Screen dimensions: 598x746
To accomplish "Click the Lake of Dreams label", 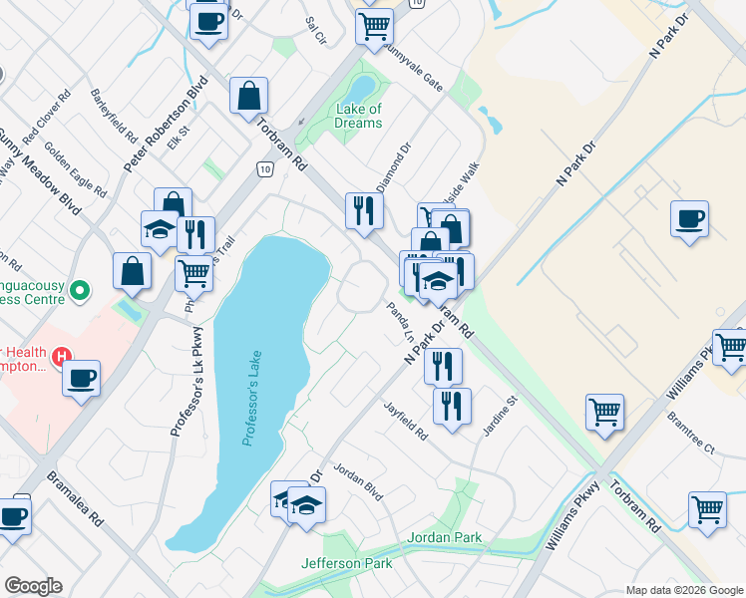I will (359, 116).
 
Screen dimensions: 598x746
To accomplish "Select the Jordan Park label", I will (445, 538).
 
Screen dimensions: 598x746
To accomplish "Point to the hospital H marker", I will (62, 355).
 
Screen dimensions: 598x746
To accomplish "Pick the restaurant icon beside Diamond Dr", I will (363, 209).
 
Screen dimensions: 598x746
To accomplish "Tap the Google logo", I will (33, 586).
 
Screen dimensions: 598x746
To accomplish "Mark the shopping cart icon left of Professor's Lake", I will (193, 272).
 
